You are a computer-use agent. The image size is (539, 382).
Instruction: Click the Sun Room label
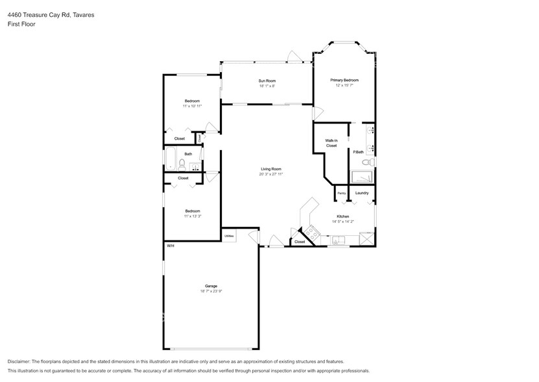tap(267, 81)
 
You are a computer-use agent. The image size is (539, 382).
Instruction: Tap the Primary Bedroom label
tap(344, 80)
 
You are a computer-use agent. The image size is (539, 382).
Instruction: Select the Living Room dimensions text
tap(270, 174)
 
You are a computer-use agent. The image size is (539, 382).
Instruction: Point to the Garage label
tap(211, 286)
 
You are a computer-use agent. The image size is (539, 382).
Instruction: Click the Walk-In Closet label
tap(331, 143)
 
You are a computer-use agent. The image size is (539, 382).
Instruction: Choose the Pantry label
tap(341, 193)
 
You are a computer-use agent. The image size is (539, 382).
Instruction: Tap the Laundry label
tap(362, 193)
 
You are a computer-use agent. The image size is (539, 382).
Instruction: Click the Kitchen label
tap(342, 216)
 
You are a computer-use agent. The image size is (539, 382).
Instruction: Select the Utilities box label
tap(229, 236)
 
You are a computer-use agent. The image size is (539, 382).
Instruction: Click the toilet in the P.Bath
tap(366, 162)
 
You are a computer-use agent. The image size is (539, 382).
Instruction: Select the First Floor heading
tap(21, 24)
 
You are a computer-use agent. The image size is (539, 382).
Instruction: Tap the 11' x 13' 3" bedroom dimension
tap(192, 216)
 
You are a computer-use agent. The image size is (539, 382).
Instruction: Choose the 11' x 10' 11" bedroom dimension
tap(192, 106)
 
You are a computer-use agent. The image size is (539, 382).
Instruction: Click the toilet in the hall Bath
tap(182, 164)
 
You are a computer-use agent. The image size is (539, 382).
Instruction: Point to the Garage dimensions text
tap(211, 291)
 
